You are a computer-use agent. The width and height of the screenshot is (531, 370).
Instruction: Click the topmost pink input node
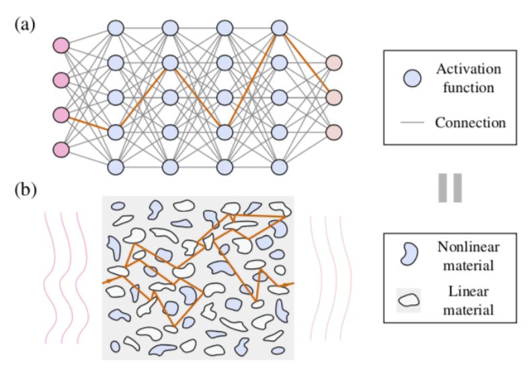point(61,46)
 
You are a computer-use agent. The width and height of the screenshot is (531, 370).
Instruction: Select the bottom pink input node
point(61,148)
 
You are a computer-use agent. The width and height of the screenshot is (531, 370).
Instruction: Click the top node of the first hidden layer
point(116,28)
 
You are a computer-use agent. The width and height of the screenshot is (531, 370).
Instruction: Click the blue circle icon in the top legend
point(411,78)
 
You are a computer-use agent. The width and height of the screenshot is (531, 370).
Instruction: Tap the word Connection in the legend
point(470,122)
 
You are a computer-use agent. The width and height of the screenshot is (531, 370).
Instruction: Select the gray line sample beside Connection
point(412,123)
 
